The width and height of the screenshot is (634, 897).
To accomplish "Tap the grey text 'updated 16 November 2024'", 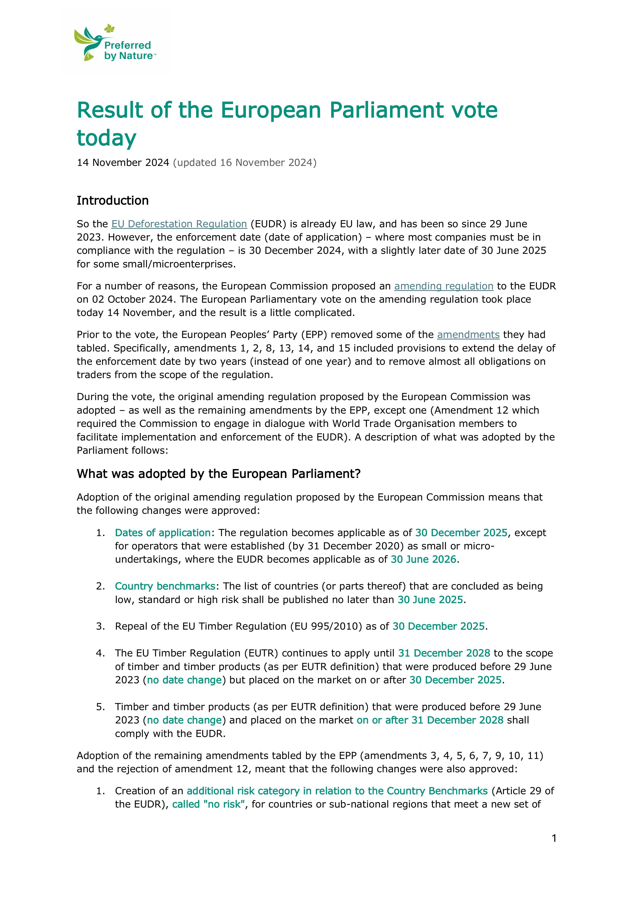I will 245,163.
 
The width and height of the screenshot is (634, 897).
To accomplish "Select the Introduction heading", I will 112,200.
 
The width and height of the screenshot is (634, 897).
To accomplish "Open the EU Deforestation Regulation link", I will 179,224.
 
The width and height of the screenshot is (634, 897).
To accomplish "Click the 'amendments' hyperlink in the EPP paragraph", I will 468,335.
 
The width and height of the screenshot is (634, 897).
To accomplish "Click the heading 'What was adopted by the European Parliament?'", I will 218,474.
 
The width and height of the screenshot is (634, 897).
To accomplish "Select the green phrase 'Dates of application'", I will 163,533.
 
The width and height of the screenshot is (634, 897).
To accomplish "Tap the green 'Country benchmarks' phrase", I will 165,586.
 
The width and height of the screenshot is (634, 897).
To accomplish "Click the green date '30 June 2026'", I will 423,560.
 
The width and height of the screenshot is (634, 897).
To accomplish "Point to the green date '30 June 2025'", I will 430,600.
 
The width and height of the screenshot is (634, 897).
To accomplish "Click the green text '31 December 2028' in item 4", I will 444,653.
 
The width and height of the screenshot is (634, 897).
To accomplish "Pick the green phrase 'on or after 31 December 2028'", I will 430,720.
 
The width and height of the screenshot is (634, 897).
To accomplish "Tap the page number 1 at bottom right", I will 554,838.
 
